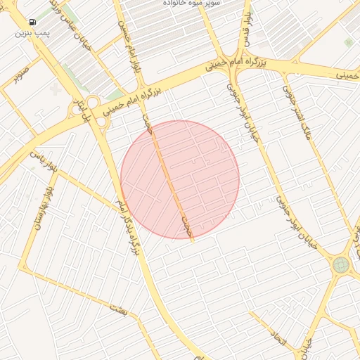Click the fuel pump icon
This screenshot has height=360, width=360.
coord(33,22)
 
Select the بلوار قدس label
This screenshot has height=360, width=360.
coord(245,28)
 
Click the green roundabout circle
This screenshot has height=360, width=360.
coord(341,265)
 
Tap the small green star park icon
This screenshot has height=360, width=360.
coord(349,43)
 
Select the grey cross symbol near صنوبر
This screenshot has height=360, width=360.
coord(56,89)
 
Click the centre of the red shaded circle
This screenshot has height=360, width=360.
coord(180,179)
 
